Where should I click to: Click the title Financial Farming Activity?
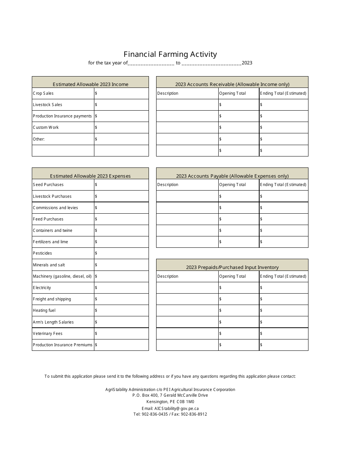pos(170,54)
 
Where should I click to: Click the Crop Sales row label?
pos(43,93)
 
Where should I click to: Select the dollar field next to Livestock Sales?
pos(121,105)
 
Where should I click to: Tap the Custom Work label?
pos(46,127)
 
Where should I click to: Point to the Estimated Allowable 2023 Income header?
pos(90,84)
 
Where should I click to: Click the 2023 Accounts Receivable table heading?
pos(232,84)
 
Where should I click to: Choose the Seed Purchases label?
pos(48,185)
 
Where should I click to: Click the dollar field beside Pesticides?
pos(121,253)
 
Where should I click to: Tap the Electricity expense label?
pos(42,288)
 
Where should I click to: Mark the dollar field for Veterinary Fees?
pos(121,333)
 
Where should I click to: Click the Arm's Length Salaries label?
pos(53,322)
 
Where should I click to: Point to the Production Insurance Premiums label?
pos(63,345)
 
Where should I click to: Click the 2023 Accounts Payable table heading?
pos(232,176)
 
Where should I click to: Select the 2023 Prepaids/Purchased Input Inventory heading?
pos(232,267)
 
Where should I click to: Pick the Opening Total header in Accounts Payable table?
pos(232,185)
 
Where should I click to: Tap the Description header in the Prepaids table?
pos(167,276)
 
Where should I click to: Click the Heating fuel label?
pos(44,310)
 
